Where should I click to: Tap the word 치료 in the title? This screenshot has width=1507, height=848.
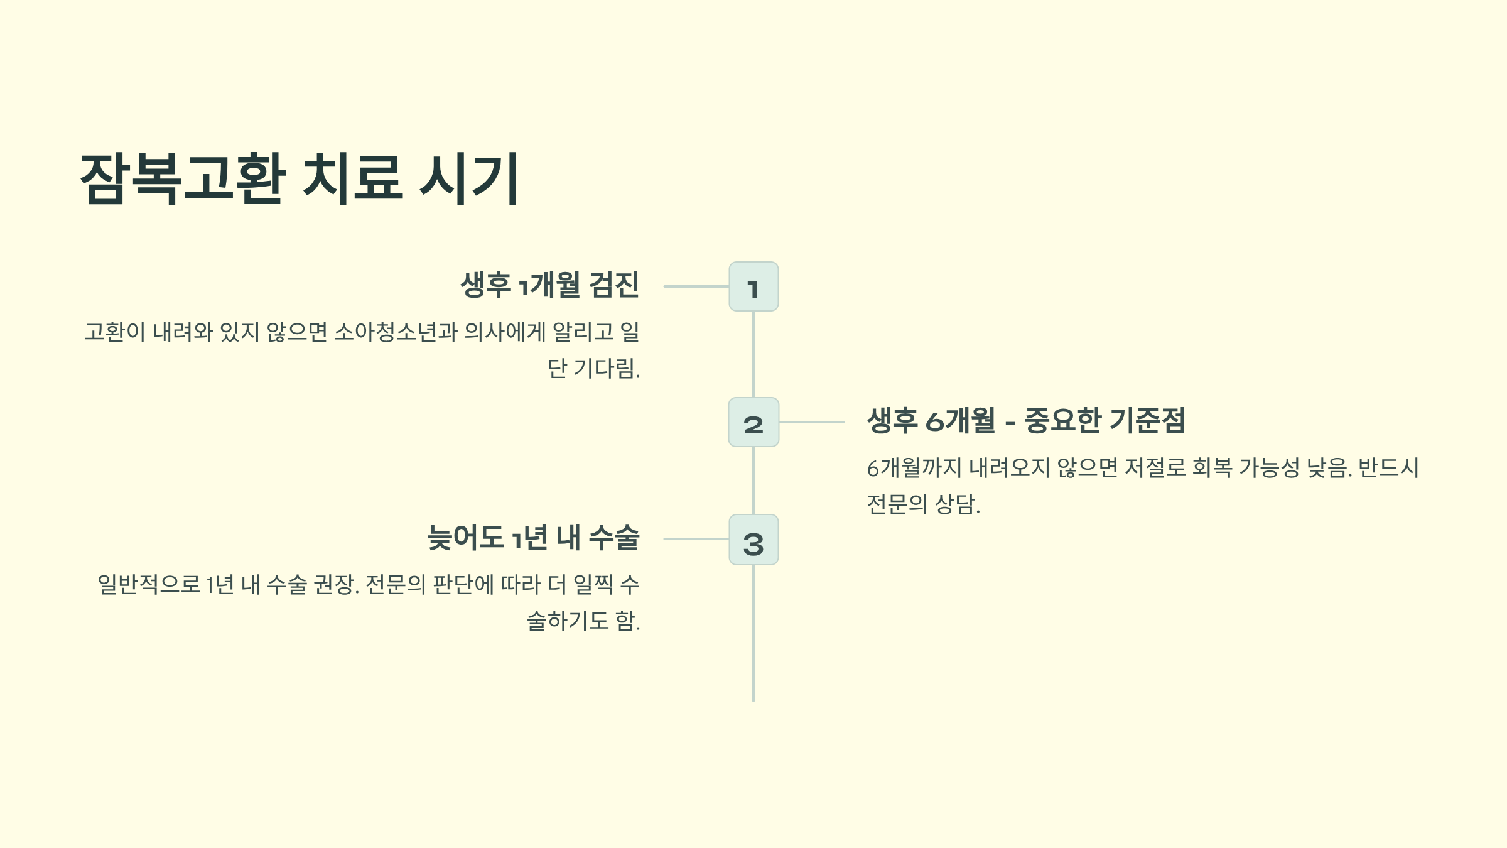[352, 178]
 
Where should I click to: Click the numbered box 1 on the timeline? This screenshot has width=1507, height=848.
[753, 286]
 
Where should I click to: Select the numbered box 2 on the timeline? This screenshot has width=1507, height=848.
[753, 422]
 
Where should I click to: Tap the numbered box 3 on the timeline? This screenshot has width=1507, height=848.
[753, 540]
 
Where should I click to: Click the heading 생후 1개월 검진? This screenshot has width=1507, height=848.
[550, 285]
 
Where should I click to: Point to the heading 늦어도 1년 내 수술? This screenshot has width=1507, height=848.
[533, 538]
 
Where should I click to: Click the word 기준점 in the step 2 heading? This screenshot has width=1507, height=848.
[1147, 420]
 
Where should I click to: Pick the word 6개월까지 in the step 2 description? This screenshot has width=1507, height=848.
[914, 468]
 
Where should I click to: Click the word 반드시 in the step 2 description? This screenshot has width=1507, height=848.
[1388, 468]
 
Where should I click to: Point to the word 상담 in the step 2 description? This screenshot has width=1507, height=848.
[955, 504]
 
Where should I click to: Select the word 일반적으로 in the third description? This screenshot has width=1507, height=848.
[149, 584]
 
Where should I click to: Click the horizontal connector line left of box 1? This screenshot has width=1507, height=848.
[696, 286]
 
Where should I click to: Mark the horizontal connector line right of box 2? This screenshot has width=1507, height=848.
[811, 422]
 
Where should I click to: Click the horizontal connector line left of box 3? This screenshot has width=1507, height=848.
[696, 539]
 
